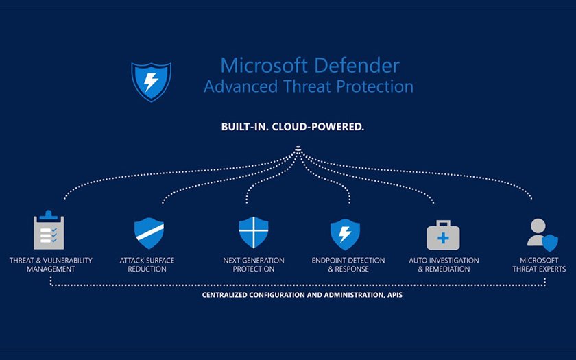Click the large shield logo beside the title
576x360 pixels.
pos(151,80)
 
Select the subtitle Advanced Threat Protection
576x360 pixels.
pos(309,87)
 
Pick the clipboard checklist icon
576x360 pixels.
pos(49,231)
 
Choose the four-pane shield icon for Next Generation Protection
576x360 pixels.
pos(253,233)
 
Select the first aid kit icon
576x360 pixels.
pos(443,235)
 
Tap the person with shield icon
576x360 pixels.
pos(542,233)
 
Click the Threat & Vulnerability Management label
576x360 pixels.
pos(51,265)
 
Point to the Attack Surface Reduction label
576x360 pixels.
pos(147,265)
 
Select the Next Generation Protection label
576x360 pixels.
pos(253,265)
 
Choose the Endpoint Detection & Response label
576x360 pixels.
pos(348,265)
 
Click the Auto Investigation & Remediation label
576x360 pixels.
pos(444,265)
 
